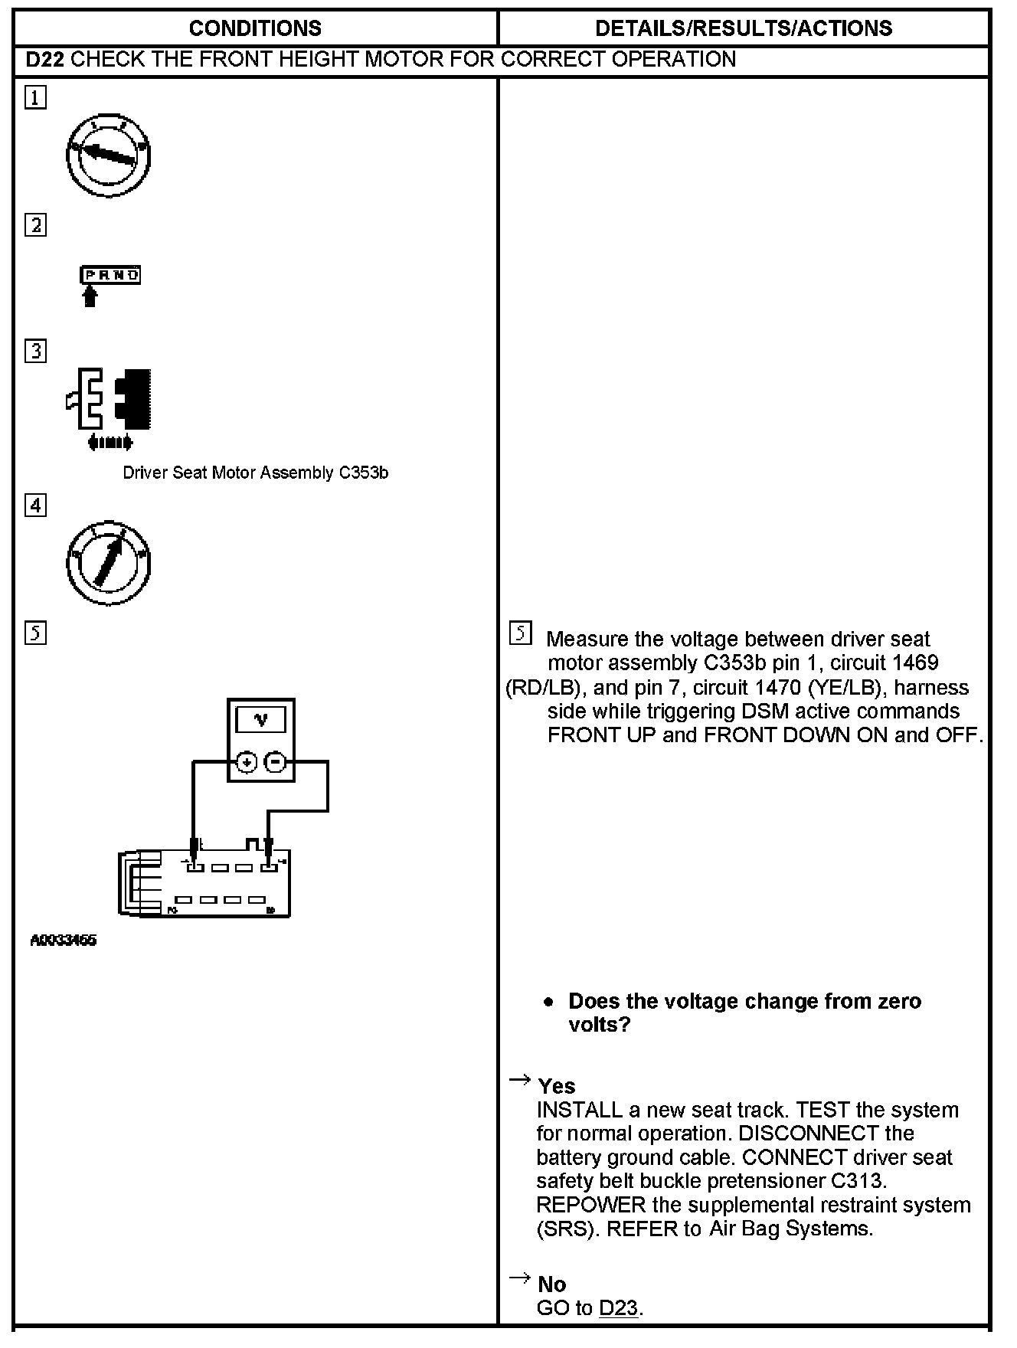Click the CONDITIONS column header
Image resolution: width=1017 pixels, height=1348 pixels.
(x=255, y=28)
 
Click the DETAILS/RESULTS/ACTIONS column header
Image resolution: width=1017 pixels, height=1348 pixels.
(x=743, y=28)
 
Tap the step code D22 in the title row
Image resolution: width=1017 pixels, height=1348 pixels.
(x=44, y=60)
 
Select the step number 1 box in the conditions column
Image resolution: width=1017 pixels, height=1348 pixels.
(x=35, y=98)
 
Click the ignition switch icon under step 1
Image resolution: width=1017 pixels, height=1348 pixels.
(x=108, y=156)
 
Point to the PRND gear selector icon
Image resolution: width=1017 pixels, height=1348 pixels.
(x=110, y=276)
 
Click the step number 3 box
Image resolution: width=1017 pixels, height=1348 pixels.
(x=35, y=351)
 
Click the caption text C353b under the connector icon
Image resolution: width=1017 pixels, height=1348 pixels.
(x=363, y=473)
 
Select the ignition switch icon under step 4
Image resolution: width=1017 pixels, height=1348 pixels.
(x=108, y=563)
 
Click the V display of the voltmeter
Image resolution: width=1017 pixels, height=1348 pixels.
(x=261, y=719)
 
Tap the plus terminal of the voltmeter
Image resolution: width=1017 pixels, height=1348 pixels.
(x=246, y=762)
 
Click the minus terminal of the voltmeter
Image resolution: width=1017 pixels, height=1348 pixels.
(x=276, y=762)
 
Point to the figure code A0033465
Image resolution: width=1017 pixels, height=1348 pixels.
(x=64, y=941)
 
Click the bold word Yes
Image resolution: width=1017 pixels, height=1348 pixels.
(x=557, y=1086)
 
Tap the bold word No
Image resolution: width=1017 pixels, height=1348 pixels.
(x=552, y=1284)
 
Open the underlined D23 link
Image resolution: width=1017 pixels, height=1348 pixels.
(x=619, y=1308)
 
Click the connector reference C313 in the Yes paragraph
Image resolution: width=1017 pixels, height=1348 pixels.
(x=858, y=1181)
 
